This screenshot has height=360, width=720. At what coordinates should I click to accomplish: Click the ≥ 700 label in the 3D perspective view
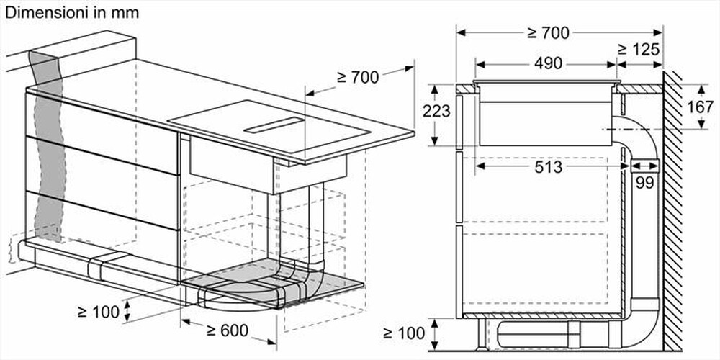(358, 78)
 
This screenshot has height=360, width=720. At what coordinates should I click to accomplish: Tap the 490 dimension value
(548, 63)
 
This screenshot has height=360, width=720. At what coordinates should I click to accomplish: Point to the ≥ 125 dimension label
(638, 50)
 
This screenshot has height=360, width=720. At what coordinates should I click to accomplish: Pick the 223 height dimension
(436, 111)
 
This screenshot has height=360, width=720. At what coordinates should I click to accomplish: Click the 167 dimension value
(696, 107)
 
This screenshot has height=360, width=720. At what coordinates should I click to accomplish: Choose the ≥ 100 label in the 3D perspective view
(99, 312)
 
